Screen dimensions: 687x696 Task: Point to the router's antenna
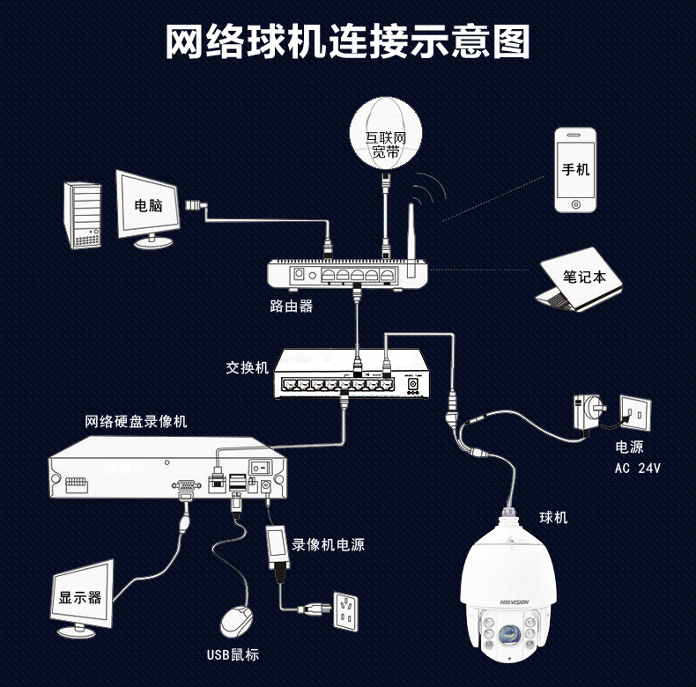pyautogui.click(x=410, y=233)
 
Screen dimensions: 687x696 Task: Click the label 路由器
pyautogui.click(x=291, y=307)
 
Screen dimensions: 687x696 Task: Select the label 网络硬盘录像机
pyautogui.click(x=137, y=422)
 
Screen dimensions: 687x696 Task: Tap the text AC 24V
pyautogui.click(x=637, y=468)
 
